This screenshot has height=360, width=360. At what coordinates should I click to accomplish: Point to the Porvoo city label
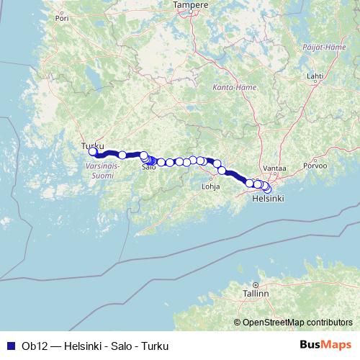317,166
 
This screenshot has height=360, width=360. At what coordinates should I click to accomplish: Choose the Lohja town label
210,185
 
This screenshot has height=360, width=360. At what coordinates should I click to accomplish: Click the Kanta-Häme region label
230,88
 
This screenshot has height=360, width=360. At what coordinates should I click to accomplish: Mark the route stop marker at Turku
93,151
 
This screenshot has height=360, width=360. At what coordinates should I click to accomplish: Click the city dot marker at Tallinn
256,285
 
